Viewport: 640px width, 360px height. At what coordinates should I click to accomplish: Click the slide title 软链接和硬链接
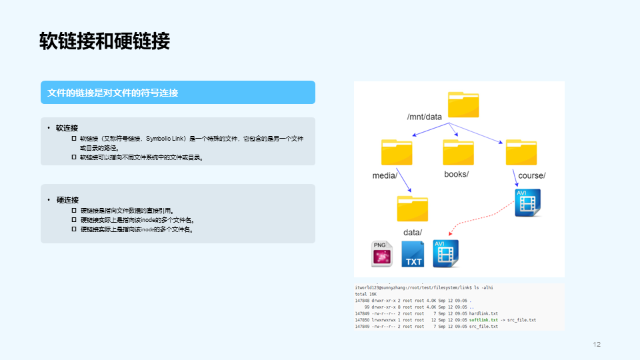point(105,41)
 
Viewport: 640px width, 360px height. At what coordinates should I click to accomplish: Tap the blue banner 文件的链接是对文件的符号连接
point(113,93)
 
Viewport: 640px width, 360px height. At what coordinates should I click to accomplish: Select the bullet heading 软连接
point(67,128)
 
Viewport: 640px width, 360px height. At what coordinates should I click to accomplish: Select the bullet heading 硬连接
point(67,200)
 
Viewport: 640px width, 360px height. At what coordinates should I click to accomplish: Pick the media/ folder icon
point(398,152)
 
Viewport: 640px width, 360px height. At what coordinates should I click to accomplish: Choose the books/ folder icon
point(458,152)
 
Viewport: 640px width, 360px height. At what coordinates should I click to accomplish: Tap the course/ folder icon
point(521,152)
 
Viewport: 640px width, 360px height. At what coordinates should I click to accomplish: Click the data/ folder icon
point(413,208)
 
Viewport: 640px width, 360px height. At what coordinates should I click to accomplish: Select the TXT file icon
point(413,254)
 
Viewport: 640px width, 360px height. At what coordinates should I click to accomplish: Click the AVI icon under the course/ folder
point(527,203)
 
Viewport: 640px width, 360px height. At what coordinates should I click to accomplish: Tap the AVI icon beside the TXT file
point(445,254)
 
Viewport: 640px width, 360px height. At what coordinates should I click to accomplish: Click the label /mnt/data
point(425,117)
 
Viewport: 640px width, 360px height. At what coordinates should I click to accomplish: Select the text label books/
point(457,175)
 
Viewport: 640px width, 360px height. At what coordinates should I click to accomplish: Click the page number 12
point(597,345)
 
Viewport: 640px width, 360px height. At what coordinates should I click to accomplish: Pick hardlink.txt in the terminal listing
point(484,313)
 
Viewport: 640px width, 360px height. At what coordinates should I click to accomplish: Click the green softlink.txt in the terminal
point(483,320)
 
